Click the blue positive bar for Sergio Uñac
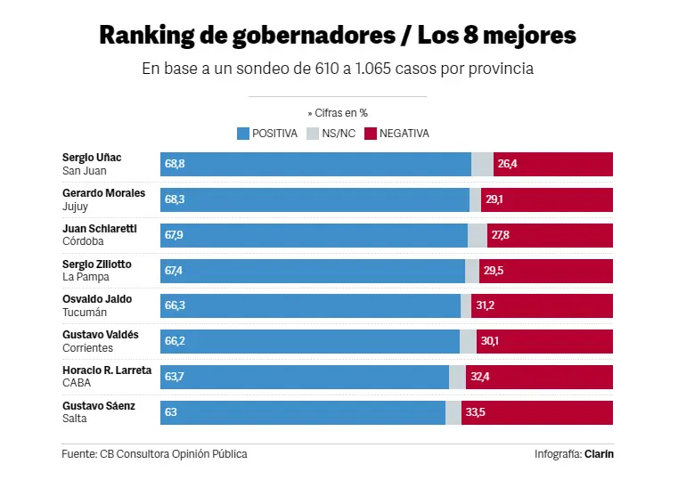(x=316, y=164)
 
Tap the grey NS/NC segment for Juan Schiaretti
(x=478, y=235)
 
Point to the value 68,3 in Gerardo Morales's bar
(x=175, y=199)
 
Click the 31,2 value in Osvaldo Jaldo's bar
(x=486, y=305)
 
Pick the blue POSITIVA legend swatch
(x=242, y=134)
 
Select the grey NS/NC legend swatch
(x=312, y=134)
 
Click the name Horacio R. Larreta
(x=107, y=370)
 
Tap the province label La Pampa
(x=86, y=277)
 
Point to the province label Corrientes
(x=88, y=347)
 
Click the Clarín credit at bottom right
(x=599, y=454)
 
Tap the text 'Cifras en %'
(x=342, y=113)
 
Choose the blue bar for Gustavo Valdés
(x=310, y=341)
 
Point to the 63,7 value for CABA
(x=175, y=377)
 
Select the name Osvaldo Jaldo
(x=97, y=299)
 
